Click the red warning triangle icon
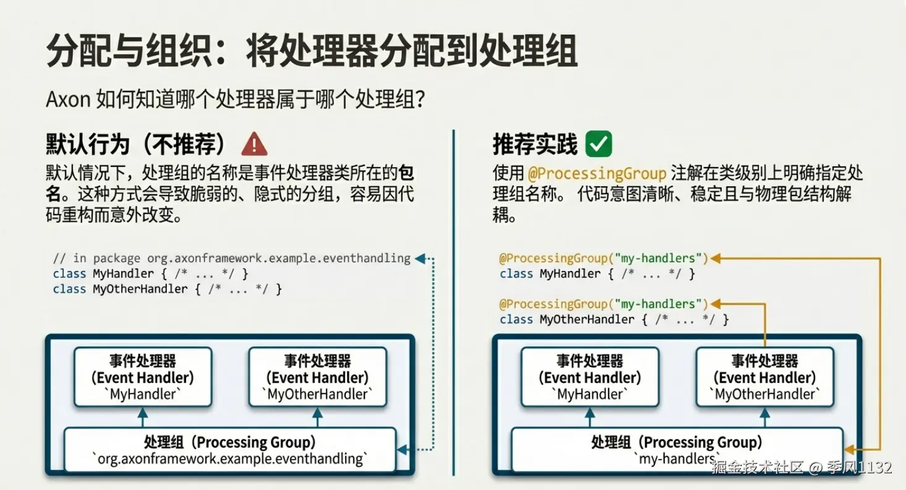pos(254,144)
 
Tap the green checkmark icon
pos(599,144)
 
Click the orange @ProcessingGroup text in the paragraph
pos(597,174)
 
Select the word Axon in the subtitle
pos(68,99)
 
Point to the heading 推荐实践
pos(535,144)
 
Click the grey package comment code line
pos(232,258)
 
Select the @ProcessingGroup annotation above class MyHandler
pos(604,258)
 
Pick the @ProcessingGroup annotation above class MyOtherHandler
pos(604,304)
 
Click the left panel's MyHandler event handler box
pos(143,377)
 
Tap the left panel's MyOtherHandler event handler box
pos(317,377)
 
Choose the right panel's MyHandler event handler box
pos(590,377)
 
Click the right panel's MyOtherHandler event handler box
pos(764,377)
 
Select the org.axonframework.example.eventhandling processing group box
pos(229,450)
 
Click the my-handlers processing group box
pos(677,450)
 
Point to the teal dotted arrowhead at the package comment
pos(420,258)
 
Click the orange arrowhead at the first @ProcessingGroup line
pos(715,258)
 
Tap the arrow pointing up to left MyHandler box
pos(142,418)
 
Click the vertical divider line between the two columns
pos(453,303)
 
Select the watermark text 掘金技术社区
pos(757,467)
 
